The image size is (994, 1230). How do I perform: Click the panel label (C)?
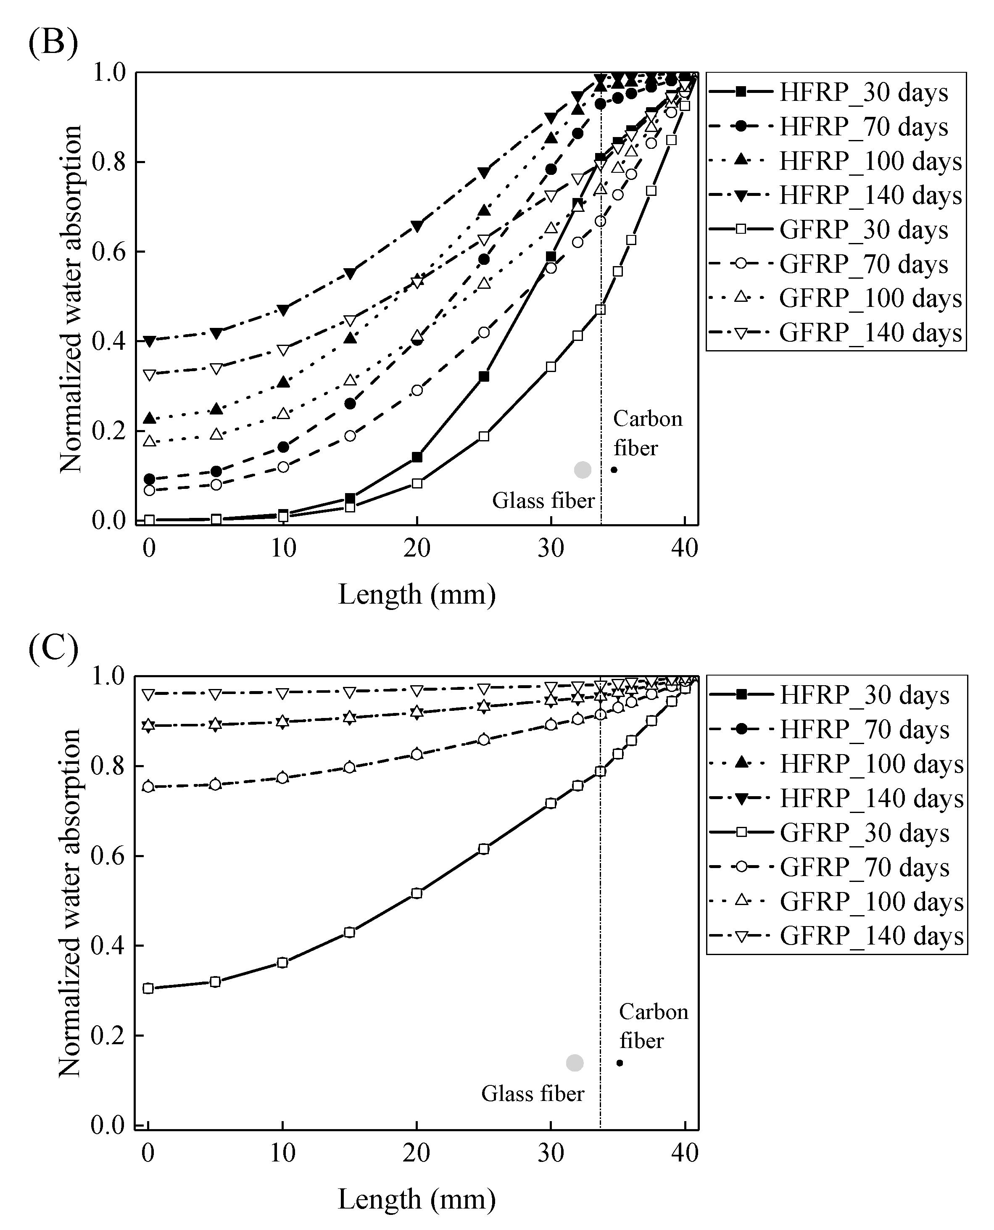click(x=53, y=649)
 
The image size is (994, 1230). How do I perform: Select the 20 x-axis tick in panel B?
click(x=416, y=548)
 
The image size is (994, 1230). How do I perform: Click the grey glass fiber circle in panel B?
click(x=582, y=470)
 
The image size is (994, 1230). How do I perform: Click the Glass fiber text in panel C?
click(x=533, y=1094)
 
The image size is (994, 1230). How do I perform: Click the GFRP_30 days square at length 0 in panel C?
click(x=148, y=988)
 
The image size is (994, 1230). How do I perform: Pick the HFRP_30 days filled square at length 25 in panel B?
click(x=484, y=376)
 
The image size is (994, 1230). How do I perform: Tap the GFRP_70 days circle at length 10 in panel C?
click(x=282, y=778)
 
